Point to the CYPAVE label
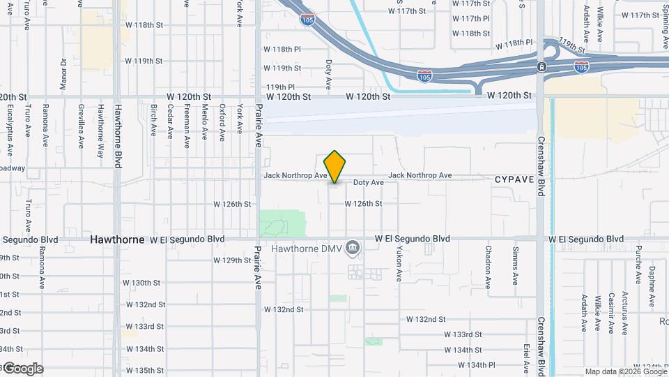514,179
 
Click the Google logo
23,369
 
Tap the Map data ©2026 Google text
625,371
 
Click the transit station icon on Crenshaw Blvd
541,66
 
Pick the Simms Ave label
515,265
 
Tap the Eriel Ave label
528,357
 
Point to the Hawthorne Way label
100,126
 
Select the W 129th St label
232,260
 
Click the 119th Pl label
280,87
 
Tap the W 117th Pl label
471,19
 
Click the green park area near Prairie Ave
282,223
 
